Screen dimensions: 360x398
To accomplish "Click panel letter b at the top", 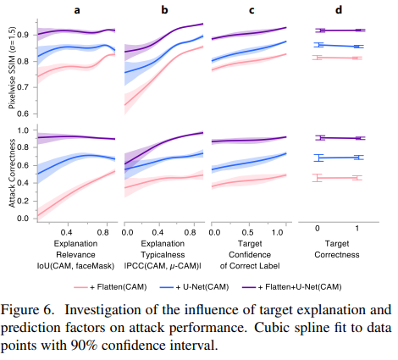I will (163, 11).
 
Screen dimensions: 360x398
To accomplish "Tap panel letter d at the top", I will (339, 11).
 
